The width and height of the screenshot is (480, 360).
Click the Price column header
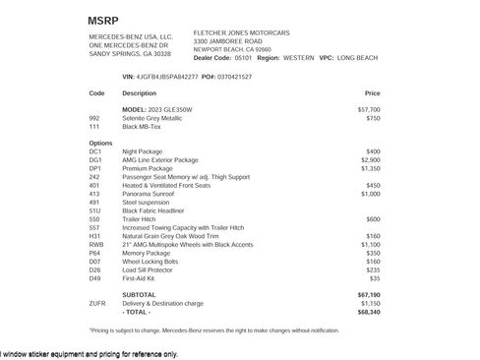point(372,93)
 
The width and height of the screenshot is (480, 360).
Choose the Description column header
point(139,93)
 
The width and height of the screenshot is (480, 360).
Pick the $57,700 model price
point(369,109)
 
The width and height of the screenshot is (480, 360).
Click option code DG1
point(95,159)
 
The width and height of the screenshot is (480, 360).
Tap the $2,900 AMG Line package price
point(370,159)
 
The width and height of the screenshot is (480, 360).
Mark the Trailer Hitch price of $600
point(373,219)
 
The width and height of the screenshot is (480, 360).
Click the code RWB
point(96,244)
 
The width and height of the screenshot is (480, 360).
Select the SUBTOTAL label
point(139,295)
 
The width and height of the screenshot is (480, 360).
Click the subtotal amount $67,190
point(369,295)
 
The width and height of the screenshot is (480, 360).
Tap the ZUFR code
point(97,303)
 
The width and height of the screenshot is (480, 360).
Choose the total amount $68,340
point(369,312)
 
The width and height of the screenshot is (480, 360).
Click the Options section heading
point(99,143)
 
